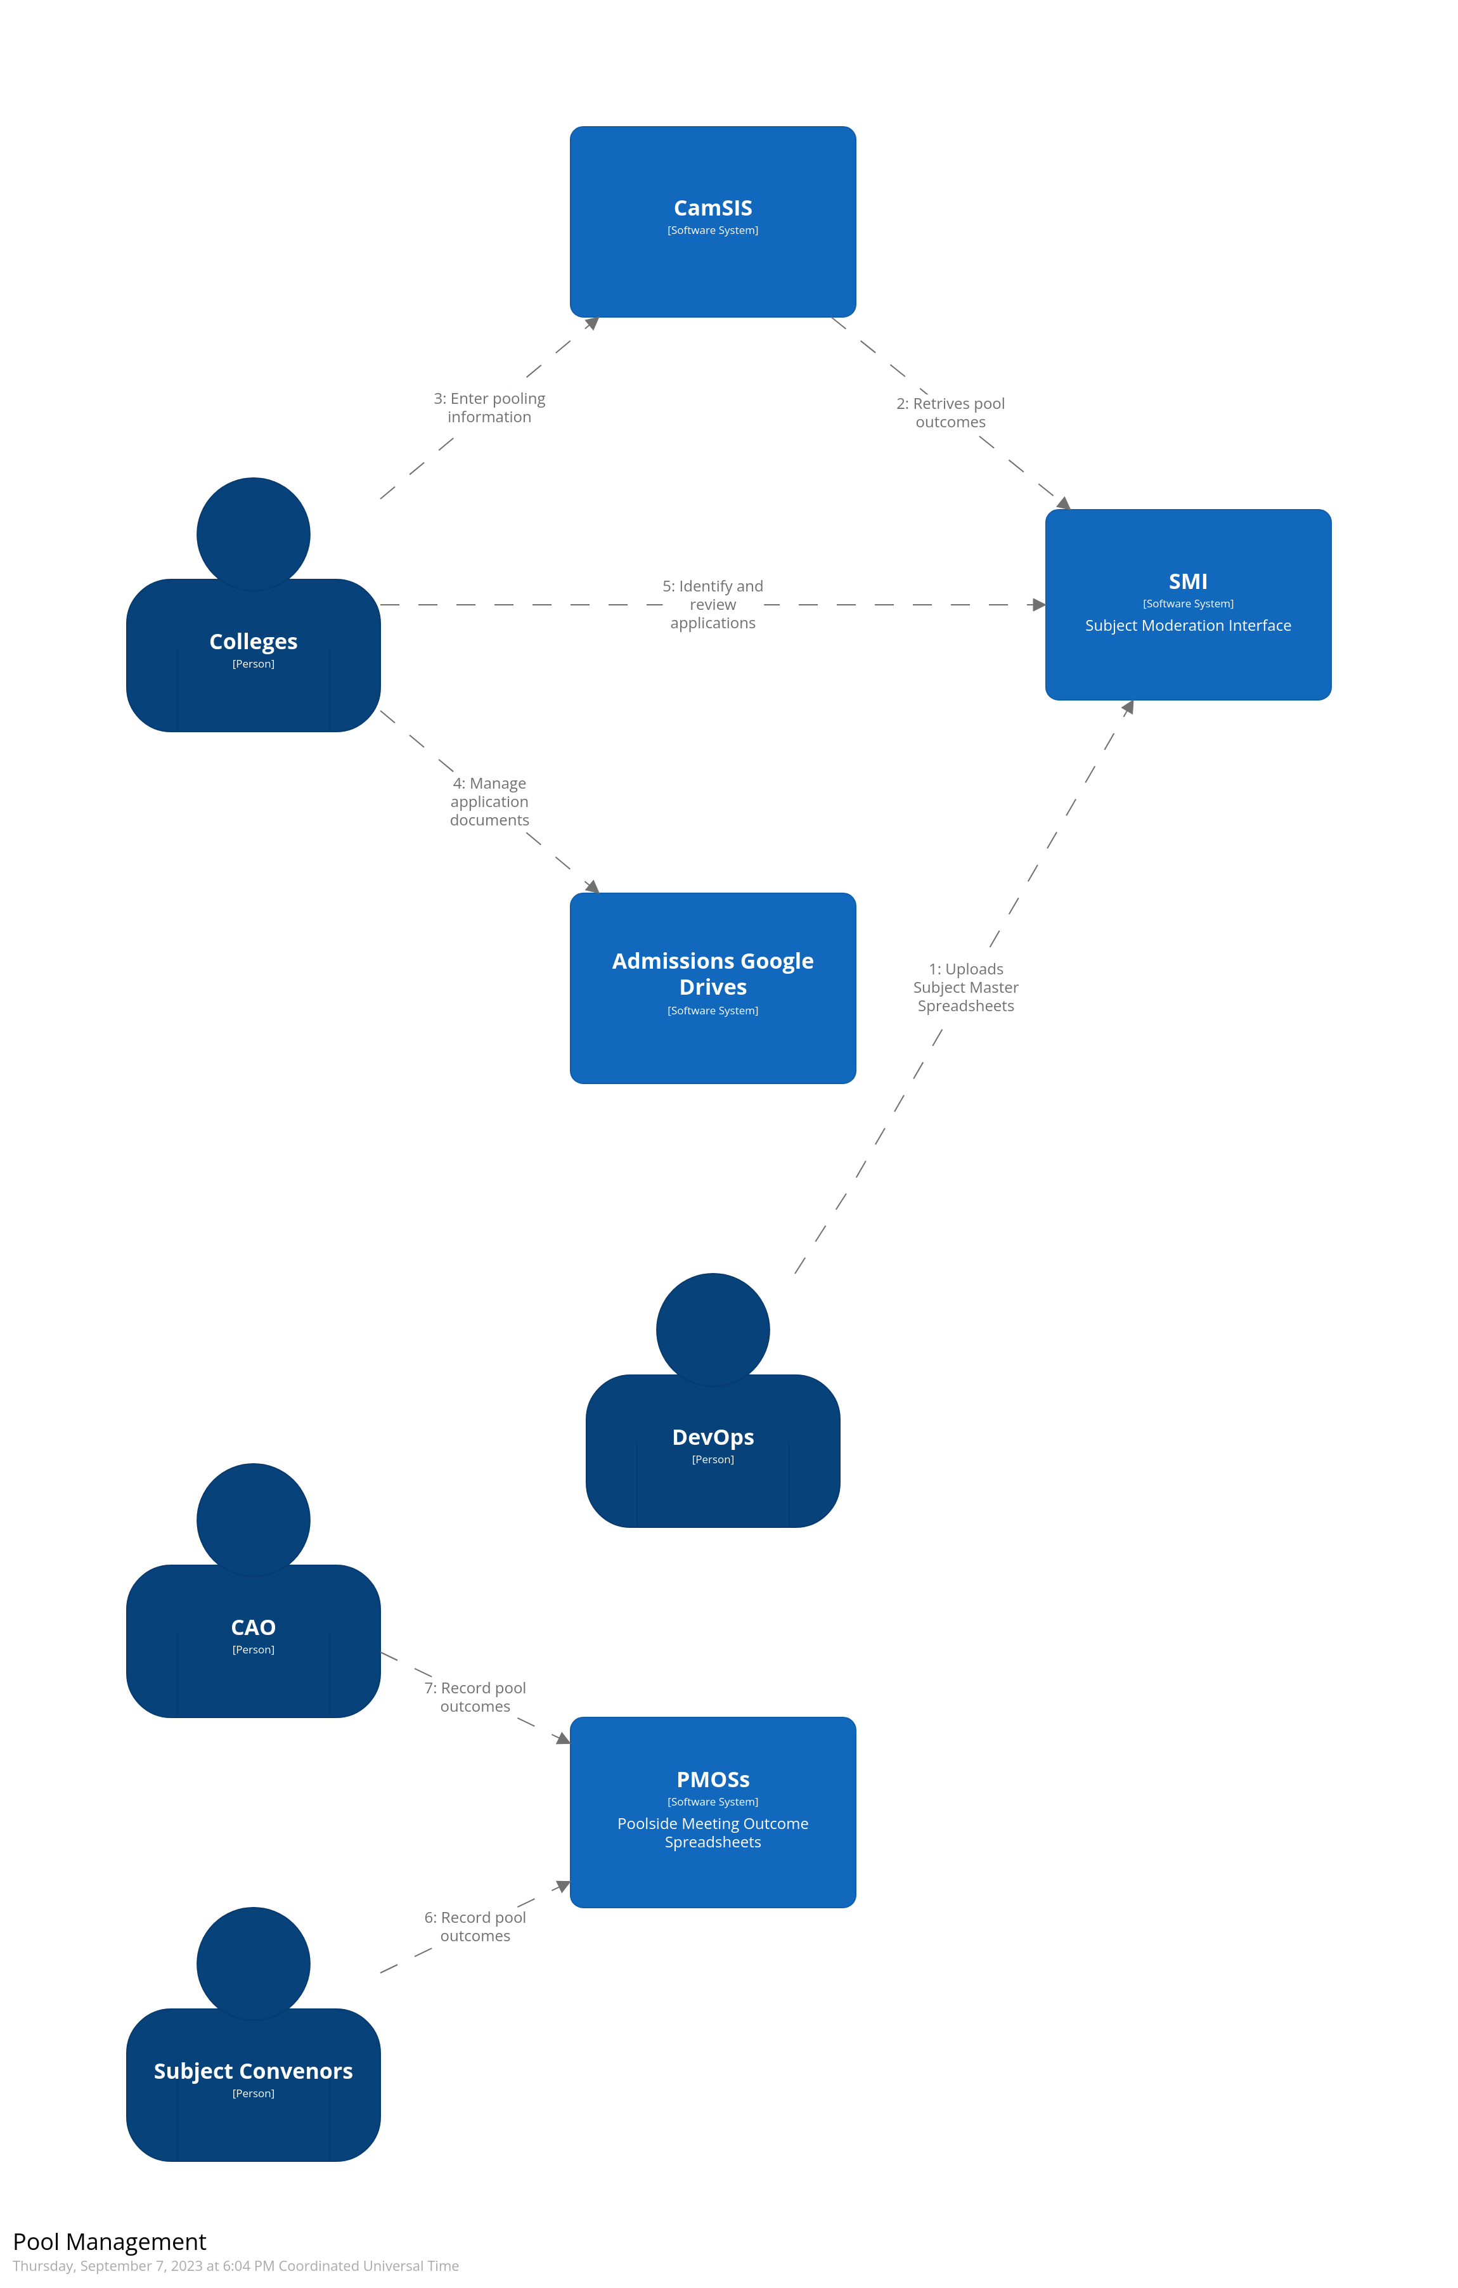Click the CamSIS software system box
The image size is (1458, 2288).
(713, 221)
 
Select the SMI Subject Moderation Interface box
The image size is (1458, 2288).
(1187, 604)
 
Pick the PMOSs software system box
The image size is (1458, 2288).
(713, 1811)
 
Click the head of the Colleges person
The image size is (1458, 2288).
(253, 533)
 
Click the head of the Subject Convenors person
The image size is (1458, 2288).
(253, 1962)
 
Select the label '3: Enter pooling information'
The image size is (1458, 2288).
(489, 408)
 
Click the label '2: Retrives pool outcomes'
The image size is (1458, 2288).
(950, 412)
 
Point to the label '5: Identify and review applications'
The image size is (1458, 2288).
(713, 604)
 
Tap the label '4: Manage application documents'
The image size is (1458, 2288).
(489, 801)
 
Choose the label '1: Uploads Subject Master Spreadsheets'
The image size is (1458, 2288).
(965, 987)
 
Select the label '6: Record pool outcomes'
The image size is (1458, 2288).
(475, 1926)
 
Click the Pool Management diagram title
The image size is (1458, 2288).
(109, 2242)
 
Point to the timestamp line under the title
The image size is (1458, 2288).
(236, 2266)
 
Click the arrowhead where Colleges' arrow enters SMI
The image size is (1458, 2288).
(1038, 604)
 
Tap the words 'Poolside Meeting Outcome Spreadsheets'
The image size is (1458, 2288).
(713, 1832)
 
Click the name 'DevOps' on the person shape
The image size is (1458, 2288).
(713, 1437)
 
